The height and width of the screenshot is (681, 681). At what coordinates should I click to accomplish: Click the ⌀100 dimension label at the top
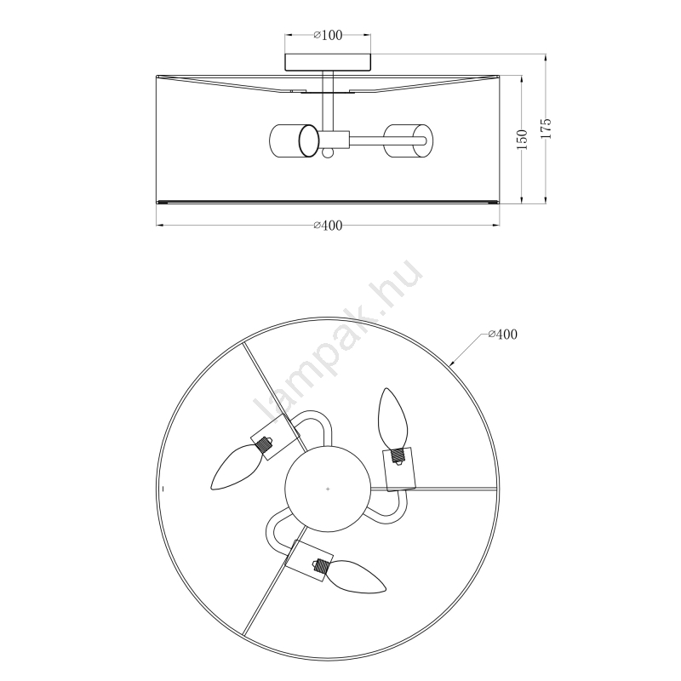328,35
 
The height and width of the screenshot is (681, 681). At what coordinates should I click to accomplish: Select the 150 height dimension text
523,140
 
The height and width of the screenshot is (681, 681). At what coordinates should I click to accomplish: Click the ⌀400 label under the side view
328,226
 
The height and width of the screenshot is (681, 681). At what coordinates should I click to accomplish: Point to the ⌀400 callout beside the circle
502,335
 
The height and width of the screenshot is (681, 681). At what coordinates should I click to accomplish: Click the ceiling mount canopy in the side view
328,62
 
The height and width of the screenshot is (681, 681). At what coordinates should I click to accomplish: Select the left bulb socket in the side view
295,140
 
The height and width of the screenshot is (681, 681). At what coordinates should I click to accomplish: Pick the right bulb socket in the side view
409,140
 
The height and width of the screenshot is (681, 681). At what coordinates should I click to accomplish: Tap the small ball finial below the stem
328,153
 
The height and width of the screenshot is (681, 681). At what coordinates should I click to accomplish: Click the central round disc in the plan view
328,489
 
